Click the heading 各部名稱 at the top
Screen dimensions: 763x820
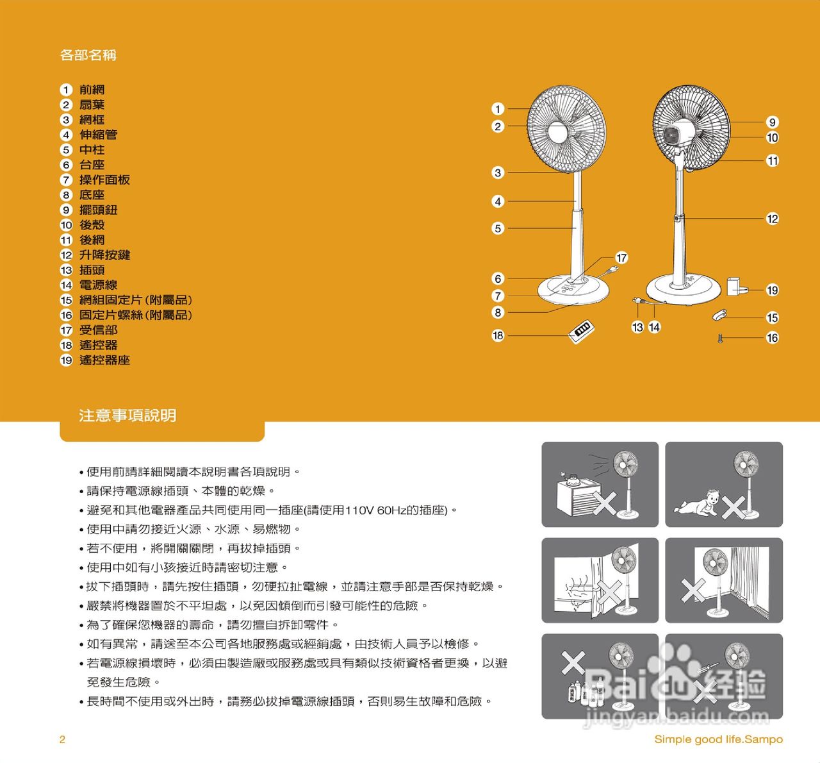[88, 55]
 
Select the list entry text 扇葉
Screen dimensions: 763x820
[92, 105]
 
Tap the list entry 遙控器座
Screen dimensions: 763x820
[104, 360]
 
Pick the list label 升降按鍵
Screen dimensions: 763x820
[104, 255]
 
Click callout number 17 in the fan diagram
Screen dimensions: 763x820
[621, 258]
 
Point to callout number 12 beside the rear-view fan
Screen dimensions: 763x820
[773, 219]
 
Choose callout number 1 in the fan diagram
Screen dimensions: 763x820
[498, 109]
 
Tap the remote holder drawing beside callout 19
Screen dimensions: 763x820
[736, 286]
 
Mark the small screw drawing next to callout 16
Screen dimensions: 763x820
[721, 338]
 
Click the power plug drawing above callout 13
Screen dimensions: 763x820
[637, 300]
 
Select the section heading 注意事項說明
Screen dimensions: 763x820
[127, 415]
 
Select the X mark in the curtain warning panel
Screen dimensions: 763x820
[693, 590]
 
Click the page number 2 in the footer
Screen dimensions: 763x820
[62, 739]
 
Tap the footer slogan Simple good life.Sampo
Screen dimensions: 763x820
[718, 739]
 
